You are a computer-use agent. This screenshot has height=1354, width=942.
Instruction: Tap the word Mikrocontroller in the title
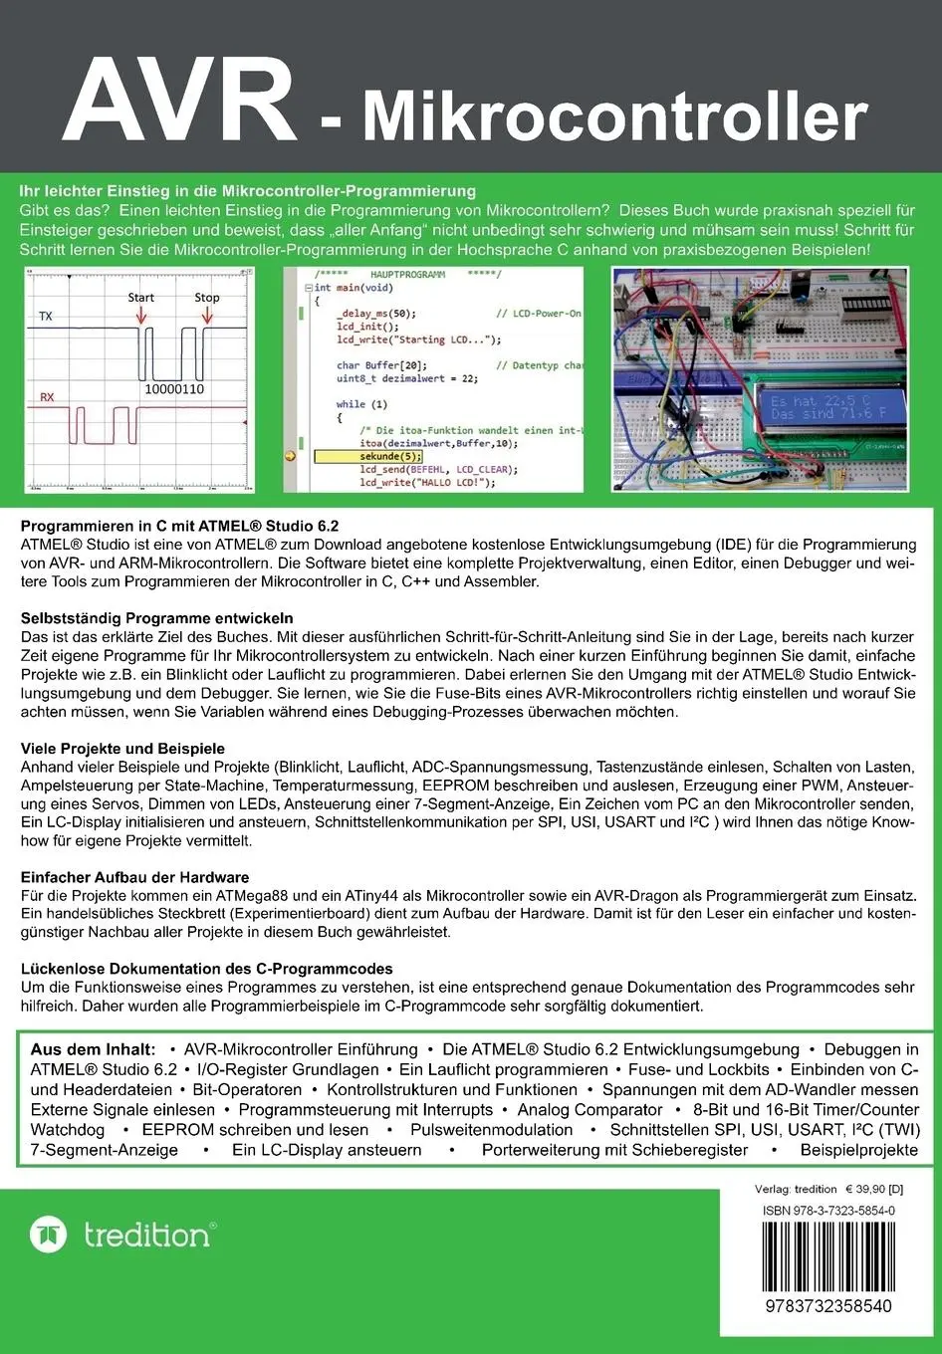tap(614, 117)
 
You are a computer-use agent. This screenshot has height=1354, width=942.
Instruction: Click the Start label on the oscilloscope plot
tap(141, 298)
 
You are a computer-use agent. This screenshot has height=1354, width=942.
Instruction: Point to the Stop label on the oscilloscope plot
tap(207, 298)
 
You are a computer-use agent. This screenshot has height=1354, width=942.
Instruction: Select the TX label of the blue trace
tap(46, 317)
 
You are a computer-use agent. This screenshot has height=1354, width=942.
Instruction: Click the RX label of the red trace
tap(47, 397)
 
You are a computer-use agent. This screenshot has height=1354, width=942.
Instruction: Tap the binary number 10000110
tap(174, 389)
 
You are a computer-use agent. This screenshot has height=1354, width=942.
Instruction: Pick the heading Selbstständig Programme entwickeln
tap(157, 618)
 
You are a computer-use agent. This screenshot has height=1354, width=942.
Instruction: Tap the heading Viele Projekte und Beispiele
tap(123, 749)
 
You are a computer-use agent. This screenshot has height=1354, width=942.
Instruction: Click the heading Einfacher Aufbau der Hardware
tap(135, 878)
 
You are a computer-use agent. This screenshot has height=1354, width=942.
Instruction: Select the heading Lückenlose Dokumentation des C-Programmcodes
tap(207, 969)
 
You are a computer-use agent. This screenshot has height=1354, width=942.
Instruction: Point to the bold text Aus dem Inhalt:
tap(93, 1049)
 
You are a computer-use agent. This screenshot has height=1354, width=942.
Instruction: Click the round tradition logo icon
tap(48, 1235)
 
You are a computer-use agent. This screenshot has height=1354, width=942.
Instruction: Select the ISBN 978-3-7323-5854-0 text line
tap(828, 1211)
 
